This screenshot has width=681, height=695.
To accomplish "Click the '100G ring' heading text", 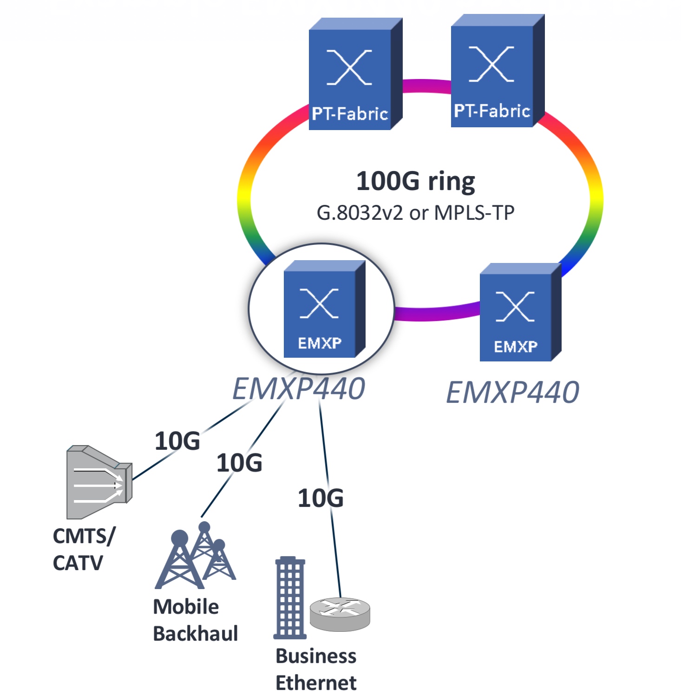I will [415, 181].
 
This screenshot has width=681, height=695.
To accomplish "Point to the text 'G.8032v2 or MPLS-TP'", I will [415, 213].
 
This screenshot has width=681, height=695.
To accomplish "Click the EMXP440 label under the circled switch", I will [299, 388].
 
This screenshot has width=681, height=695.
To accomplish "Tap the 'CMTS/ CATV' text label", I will [84, 549].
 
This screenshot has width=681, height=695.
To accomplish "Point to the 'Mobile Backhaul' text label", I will [195, 620].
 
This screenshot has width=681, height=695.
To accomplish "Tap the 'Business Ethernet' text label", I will [316, 669].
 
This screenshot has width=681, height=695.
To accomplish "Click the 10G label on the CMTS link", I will [177, 441].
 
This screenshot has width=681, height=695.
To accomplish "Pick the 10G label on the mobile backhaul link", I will [239, 463].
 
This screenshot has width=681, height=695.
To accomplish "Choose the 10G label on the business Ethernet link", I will [321, 498].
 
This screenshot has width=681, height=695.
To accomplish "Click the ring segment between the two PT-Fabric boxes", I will [426, 86].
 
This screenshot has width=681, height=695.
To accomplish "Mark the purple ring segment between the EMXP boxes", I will [437, 313].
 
